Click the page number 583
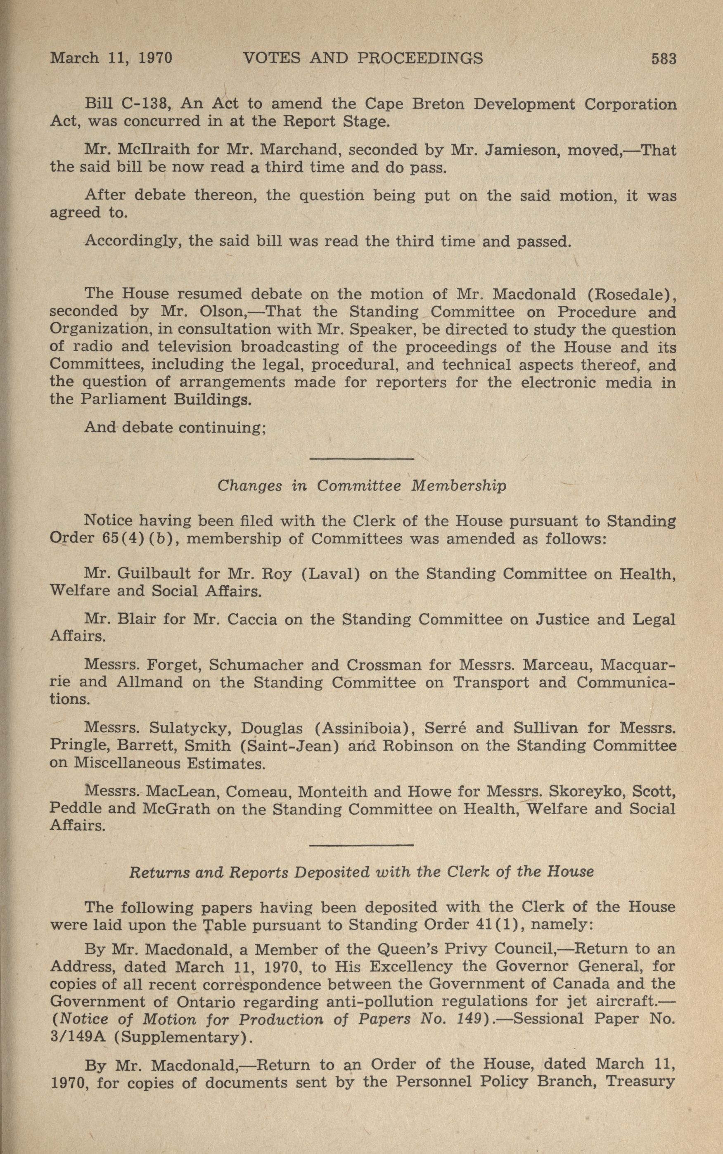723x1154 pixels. pyautogui.click(x=663, y=59)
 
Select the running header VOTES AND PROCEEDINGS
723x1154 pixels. pyautogui.click(x=363, y=58)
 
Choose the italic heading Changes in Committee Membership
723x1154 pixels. pyautogui.click(x=362, y=485)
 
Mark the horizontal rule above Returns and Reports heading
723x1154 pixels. pyautogui.click(x=362, y=845)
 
